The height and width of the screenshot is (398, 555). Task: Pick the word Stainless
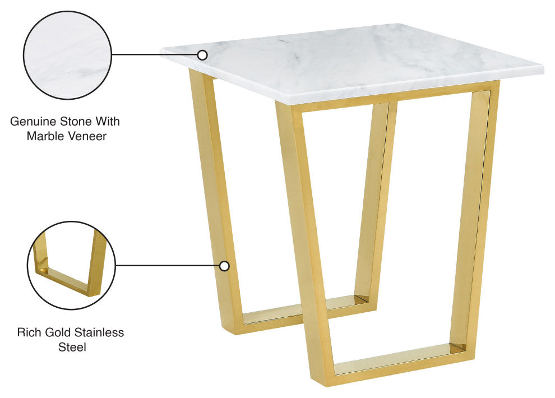point(99,332)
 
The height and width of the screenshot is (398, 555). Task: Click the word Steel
point(72,347)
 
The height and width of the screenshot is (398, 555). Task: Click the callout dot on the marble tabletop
point(202,55)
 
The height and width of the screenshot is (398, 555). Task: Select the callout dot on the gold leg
point(224,266)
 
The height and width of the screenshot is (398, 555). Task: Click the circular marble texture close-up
point(67,55)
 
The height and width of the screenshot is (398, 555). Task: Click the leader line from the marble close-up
point(155,55)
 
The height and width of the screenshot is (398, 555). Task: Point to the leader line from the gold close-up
point(168,265)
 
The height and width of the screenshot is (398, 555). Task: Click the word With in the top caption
point(107,121)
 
